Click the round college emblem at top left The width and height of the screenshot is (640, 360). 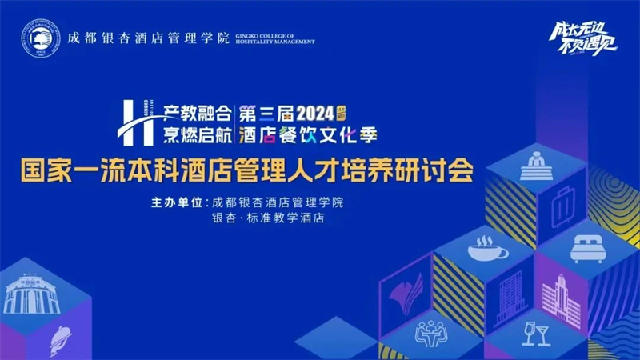[39, 38]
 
